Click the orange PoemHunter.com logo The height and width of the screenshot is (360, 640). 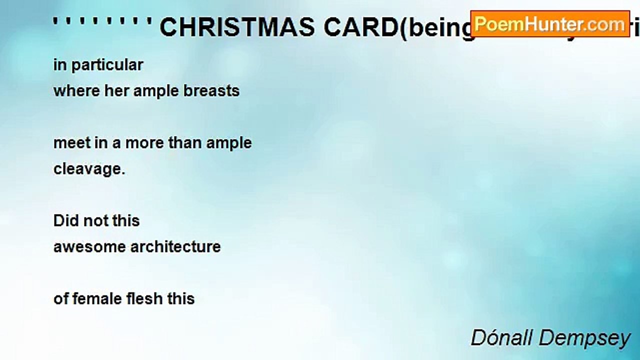[549, 23]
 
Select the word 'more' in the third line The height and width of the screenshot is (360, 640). [144, 143]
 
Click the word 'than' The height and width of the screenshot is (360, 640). [184, 143]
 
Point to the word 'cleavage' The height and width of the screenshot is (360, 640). [88, 169]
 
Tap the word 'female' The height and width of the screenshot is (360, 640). [104, 299]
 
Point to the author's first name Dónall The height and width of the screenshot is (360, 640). [500, 338]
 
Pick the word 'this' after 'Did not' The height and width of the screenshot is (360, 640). [125, 221]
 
